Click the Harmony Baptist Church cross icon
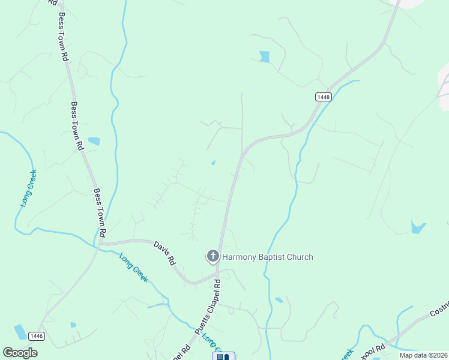(x=212, y=257)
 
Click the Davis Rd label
(x=164, y=253)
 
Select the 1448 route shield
(x=323, y=97)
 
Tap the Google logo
(x=20, y=353)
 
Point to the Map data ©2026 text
(x=423, y=355)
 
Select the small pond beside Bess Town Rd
(x=94, y=142)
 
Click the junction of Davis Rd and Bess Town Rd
(x=100, y=243)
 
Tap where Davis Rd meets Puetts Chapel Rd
(x=217, y=274)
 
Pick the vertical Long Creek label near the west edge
(x=27, y=187)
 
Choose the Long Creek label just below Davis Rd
(x=133, y=268)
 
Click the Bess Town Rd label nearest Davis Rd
(x=100, y=212)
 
